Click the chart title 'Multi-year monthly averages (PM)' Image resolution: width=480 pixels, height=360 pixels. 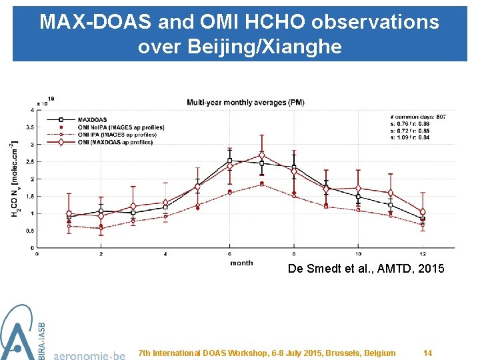click(245, 103)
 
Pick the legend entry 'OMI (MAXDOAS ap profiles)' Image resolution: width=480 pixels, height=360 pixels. click(115, 142)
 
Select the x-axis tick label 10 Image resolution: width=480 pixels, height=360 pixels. click(358, 254)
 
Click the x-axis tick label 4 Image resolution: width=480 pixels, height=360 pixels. click(165, 254)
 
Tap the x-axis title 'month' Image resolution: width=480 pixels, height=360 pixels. click(241, 263)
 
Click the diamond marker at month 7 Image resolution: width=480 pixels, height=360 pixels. click(262, 156)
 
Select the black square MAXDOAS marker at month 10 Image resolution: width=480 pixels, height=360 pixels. click(358, 197)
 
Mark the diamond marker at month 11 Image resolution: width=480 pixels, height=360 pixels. click(391, 193)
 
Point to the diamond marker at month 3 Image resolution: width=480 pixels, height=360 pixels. click(133, 207)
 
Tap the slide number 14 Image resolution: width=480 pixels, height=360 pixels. click(428, 353)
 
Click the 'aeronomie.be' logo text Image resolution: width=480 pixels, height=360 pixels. click(89, 353)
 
